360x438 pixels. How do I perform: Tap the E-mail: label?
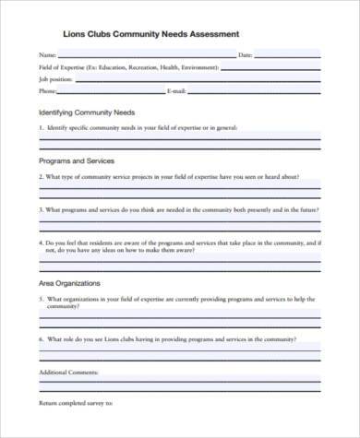click(177, 91)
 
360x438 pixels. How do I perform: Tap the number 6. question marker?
click(41, 338)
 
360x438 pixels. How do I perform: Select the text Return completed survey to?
click(76, 403)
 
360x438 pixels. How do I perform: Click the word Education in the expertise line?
click(117, 68)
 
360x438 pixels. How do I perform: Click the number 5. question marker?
click(41, 299)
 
